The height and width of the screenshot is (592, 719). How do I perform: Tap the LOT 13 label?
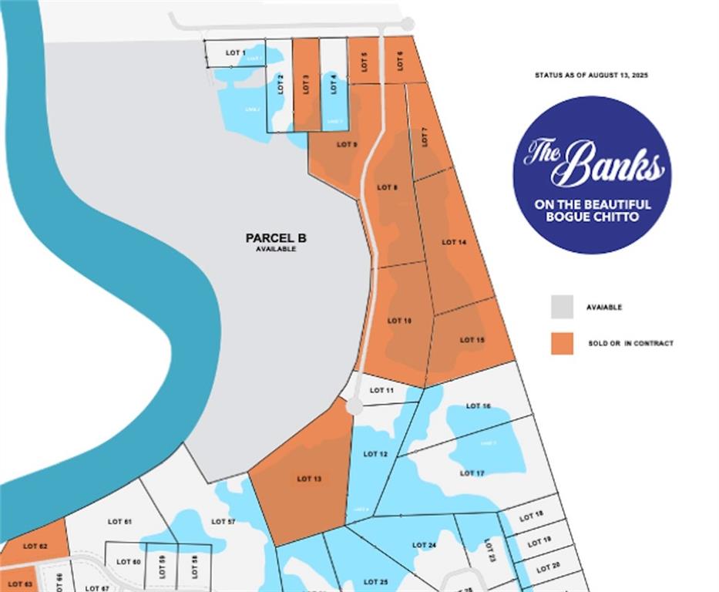pos(309,479)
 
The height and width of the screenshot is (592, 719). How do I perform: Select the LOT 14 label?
pos(454,242)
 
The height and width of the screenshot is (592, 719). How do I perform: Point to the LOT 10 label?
pos(399,320)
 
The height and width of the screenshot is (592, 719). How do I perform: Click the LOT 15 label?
pos(472,340)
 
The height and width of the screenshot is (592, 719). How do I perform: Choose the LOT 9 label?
pos(347,144)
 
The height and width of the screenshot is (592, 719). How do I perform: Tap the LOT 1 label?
pos(236,52)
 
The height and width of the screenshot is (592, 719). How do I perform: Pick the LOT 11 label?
pos(381,391)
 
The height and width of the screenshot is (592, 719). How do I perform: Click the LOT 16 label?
pos(478,405)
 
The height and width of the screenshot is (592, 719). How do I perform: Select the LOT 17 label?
pos(472,473)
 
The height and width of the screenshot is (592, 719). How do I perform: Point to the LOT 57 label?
pos(223,522)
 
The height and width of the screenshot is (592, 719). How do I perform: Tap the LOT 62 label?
pos(35,546)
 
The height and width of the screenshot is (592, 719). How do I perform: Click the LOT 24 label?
pos(425,545)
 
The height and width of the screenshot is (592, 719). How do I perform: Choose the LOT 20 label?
pos(549,568)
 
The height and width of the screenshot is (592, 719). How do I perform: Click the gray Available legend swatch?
pos(562,307)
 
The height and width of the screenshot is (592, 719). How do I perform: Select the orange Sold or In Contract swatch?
pos(562,343)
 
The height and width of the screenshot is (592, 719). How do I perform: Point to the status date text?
pos(592,76)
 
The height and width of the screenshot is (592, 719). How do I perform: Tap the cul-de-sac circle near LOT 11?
pos(354,405)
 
